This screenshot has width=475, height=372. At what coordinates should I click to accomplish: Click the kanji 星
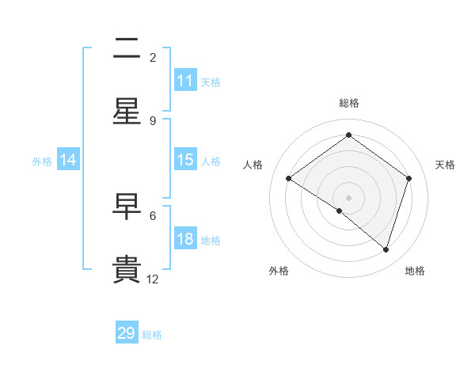[x=127, y=112]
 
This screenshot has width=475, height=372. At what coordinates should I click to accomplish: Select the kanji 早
[x=127, y=207]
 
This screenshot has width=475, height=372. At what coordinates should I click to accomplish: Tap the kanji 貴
[x=127, y=270]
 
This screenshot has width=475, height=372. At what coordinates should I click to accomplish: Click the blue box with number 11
[x=185, y=81]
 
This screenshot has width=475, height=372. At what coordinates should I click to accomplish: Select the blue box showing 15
[x=185, y=160]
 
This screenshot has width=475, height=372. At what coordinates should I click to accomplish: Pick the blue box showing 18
[x=185, y=239]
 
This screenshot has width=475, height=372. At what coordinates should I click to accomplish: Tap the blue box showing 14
[x=68, y=160]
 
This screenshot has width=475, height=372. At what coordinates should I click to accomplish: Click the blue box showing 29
[x=127, y=333]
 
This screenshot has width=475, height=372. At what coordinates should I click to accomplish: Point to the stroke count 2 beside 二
[x=153, y=57]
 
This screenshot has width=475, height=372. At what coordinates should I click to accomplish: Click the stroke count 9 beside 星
[x=153, y=120]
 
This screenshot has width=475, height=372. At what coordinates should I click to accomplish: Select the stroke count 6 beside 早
[x=153, y=215]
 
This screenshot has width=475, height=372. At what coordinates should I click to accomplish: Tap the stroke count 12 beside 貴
[x=153, y=279]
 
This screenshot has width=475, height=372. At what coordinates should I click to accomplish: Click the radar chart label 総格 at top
[x=349, y=104]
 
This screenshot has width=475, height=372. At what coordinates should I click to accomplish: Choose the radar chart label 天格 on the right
[x=445, y=165]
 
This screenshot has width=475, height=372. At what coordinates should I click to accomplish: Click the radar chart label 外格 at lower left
[x=279, y=271]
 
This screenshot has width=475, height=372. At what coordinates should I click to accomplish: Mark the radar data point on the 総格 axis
[x=349, y=135]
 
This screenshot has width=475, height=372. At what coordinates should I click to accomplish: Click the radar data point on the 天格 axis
[x=409, y=178]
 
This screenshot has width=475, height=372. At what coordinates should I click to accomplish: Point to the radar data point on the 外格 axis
[x=340, y=211]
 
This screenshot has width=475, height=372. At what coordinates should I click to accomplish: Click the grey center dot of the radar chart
[x=349, y=197]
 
